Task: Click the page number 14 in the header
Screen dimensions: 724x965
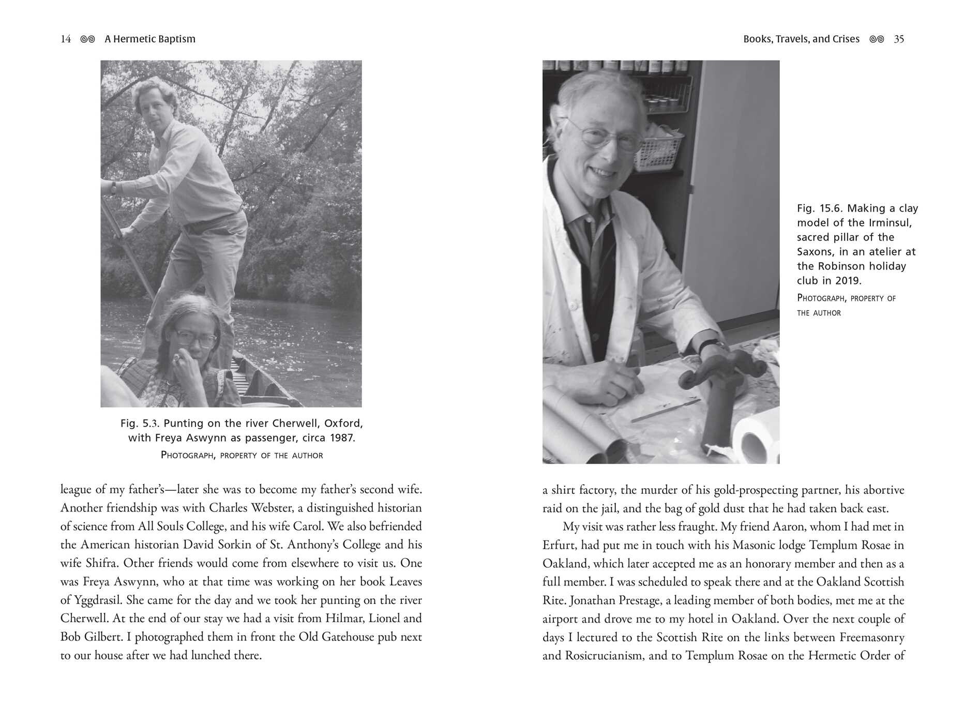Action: pos(66,39)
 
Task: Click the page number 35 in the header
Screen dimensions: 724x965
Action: pos(899,39)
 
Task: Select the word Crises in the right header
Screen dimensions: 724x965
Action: pos(846,39)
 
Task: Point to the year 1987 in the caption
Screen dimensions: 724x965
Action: pos(342,438)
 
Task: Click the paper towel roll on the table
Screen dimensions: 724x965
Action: pos(757,438)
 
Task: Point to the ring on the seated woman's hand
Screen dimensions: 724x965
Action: pos(177,358)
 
